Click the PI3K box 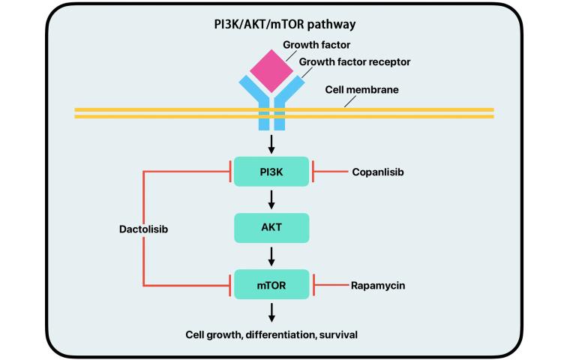(271, 172)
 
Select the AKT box (271, 227)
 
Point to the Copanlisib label (379, 172)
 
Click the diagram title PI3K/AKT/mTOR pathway (284, 24)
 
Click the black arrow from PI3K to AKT (271, 199)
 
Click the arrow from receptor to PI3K (271, 143)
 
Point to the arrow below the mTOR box (271, 312)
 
